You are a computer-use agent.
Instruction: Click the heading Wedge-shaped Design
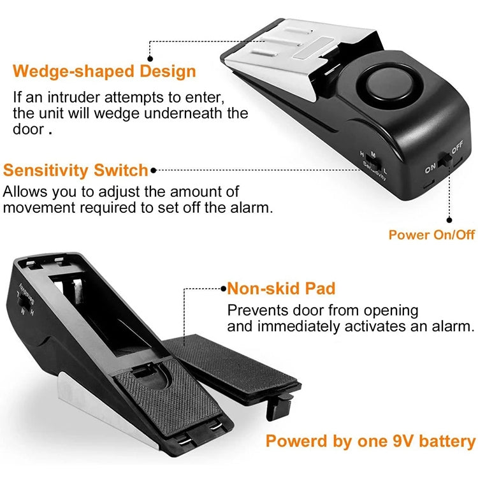(x=105, y=71)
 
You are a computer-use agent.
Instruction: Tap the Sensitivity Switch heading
(x=76, y=170)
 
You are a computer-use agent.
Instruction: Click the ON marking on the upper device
(x=430, y=170)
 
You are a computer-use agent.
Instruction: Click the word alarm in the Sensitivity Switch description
(x=254, y=208)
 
